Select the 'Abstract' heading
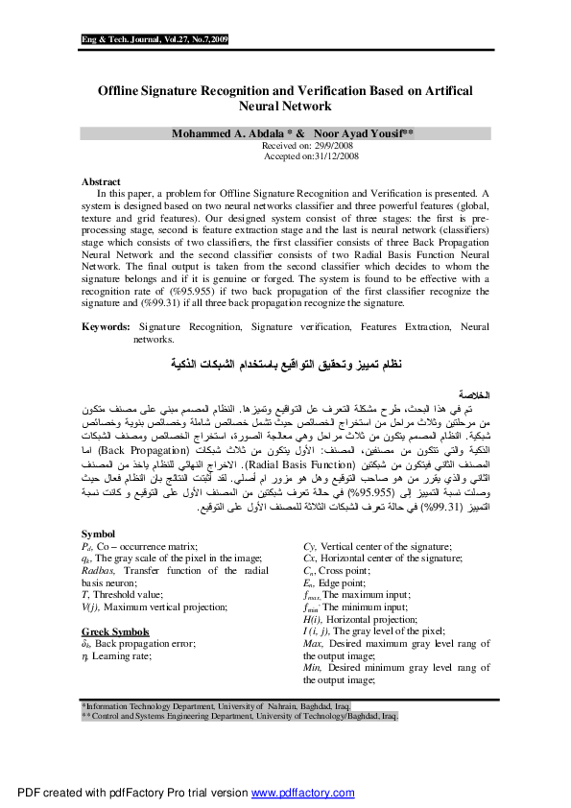(101, 181)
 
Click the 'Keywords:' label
(106, 327)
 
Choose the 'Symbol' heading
(98, 534)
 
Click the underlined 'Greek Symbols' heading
(115, 605)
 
